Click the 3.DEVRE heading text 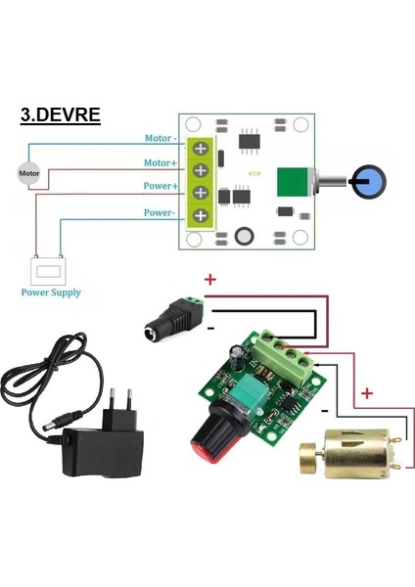click(60, 114)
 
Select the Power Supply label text click(50, 292)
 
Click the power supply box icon click(46, 269)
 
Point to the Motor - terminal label click(159, 140)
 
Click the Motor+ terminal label click(161, 162)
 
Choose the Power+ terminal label click(161, 185)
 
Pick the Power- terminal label click(161, 211)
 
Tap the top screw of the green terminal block click(202, 149)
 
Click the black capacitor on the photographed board click(238, 354)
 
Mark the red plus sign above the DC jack click(209, 281)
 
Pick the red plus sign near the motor click(367, 393)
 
